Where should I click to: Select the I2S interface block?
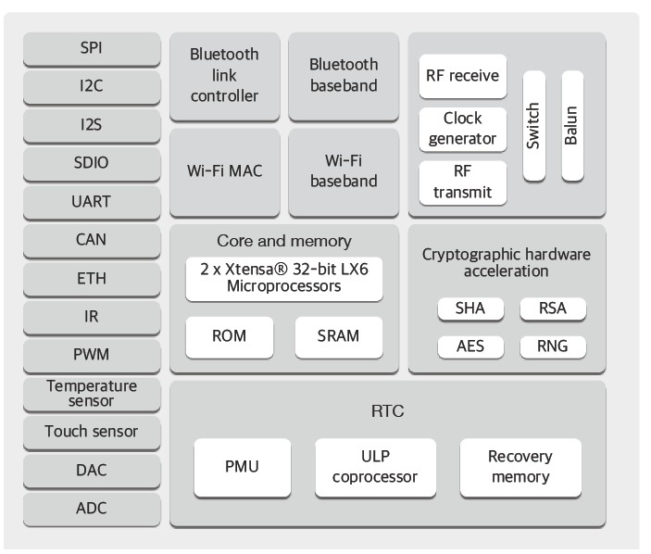(x=91, y=125)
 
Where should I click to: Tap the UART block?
(x=91, y=201)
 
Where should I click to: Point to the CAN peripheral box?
(x=91, y=239)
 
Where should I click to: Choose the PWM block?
(x=91, y=354)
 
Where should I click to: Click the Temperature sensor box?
(x=91, y=393)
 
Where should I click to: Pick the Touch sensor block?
(x=91, y=431)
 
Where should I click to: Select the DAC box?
(x=91, y=470)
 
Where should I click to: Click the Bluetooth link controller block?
(x=224, y=76)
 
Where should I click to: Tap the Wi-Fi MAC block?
(x=224, y=171)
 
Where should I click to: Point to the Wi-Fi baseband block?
(x=344, y=171)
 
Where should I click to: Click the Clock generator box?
(x=463, y=130)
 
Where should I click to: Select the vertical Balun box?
(x=571, y=126)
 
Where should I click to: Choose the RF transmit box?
(x=463, y=182)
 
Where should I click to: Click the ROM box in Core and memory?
(x=230, y=336)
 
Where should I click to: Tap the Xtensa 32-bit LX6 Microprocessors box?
(x=283, y=279)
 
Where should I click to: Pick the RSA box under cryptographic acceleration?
(x=552, y=308)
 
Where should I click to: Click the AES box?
(x=469, y=346)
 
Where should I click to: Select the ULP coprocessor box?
(x=375, y=467)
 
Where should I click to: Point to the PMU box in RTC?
(x=242, y=467)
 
